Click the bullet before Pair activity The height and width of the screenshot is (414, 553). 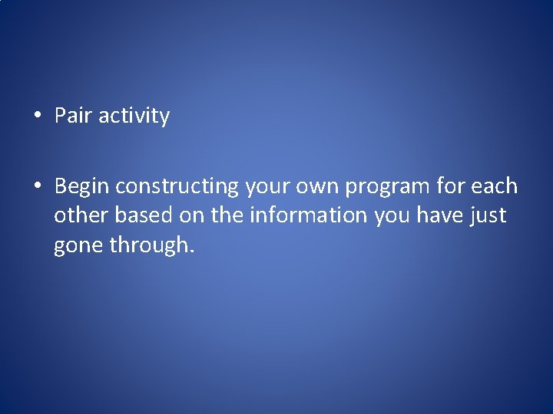(x=37, y=117)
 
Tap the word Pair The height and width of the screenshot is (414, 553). (x=70, y=116)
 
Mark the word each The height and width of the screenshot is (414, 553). (x=496, y=186)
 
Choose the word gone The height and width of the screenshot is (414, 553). (x=79, y=245)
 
